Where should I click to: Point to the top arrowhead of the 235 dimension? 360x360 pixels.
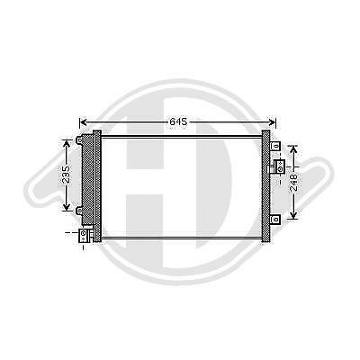click(66, 141)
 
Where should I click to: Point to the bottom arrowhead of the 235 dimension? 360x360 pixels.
click(66, 208)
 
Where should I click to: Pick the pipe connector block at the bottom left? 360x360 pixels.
click(85, 235)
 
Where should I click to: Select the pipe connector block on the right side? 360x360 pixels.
click(280, 166)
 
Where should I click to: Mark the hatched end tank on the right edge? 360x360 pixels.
click(267, 184)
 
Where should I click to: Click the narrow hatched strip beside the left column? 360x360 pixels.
click(97, 184)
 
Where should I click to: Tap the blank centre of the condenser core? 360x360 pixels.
click(180, 184)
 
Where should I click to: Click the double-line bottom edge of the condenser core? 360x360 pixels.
click(180, 238)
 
